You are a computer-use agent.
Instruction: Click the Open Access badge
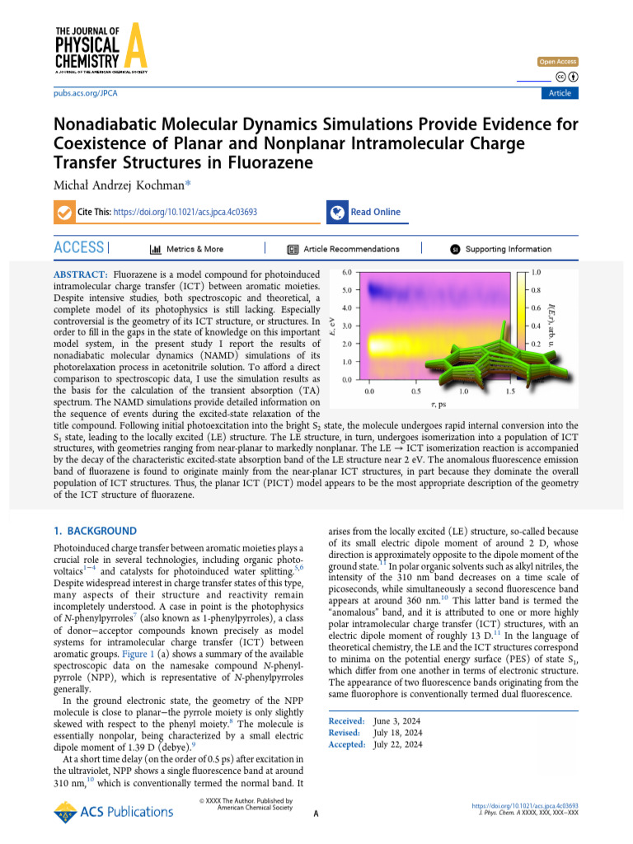tap(558, 62)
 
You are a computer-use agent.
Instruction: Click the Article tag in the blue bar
tap(560, 93)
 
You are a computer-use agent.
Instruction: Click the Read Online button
tap(375, 212)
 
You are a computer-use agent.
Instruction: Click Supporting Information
tap(509, 249)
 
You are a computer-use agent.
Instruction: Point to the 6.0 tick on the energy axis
tap(347, 271)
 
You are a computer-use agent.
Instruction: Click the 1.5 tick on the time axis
tap(511, 392)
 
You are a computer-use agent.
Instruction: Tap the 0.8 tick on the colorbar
tap(536, 290)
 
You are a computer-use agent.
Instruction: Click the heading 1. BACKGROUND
tap(96, 532)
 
